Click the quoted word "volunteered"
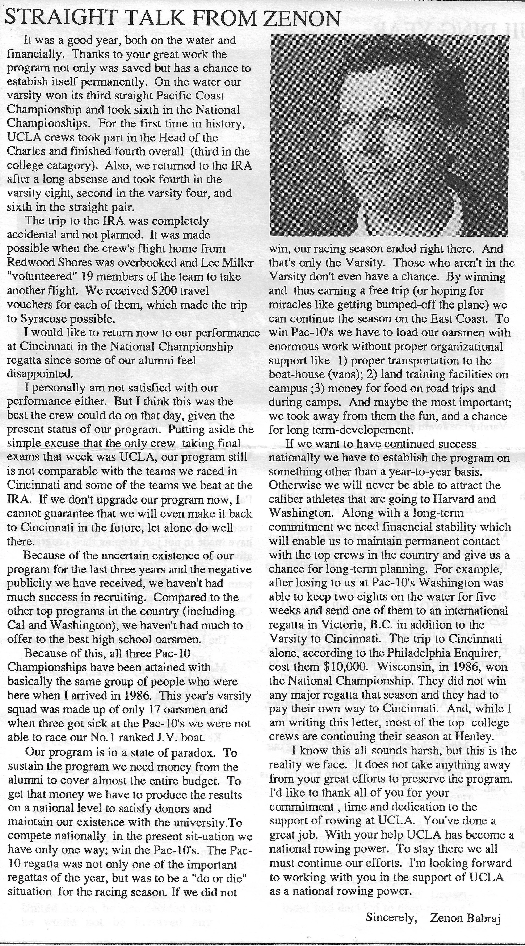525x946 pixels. tap(39, 277)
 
